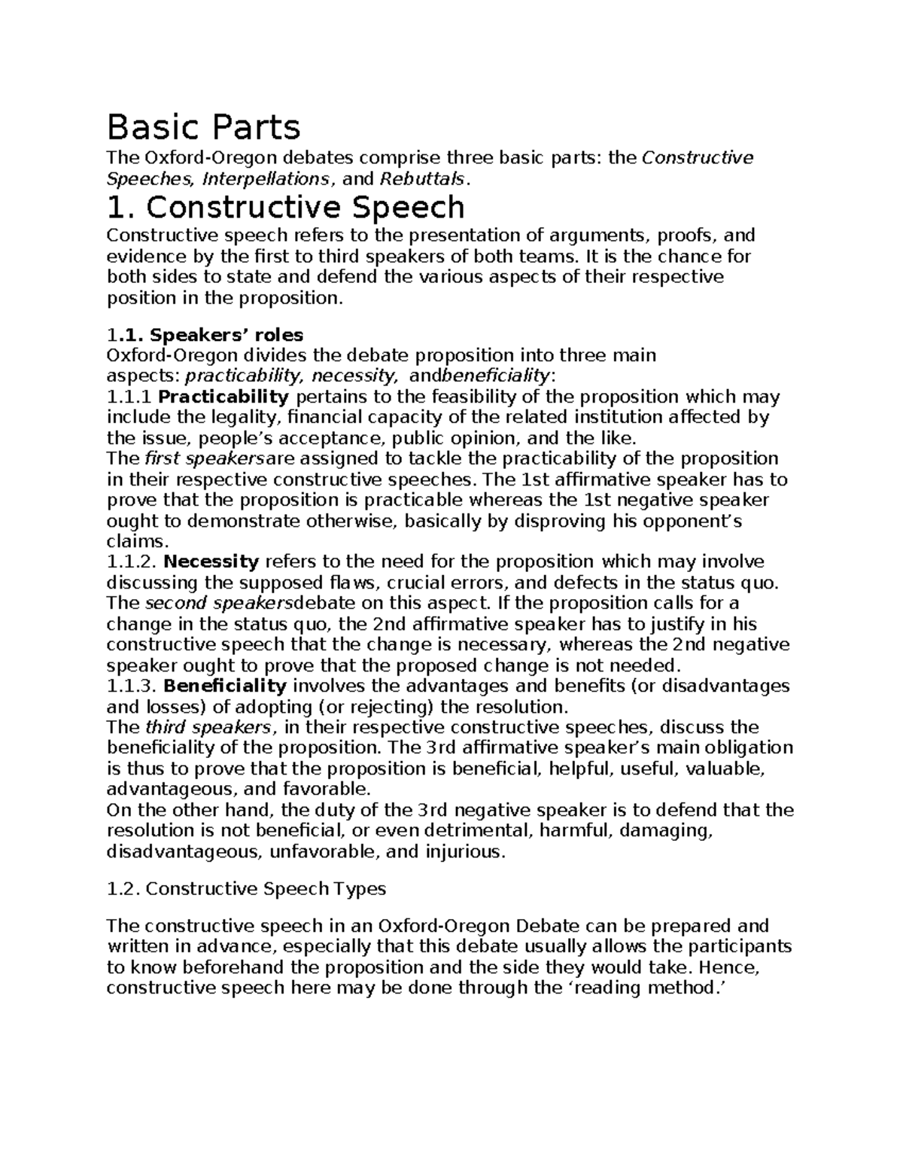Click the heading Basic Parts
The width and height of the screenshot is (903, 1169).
(204, 127)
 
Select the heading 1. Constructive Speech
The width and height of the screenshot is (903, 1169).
(286, 207)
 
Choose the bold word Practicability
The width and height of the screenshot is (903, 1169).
(224, 397)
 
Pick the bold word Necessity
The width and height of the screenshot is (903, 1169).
(211, 562)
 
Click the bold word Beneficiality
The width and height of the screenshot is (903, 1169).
(225, 686)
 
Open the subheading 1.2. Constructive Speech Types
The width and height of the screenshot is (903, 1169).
(246, 889)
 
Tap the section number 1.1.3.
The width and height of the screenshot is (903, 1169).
(132, 686)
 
